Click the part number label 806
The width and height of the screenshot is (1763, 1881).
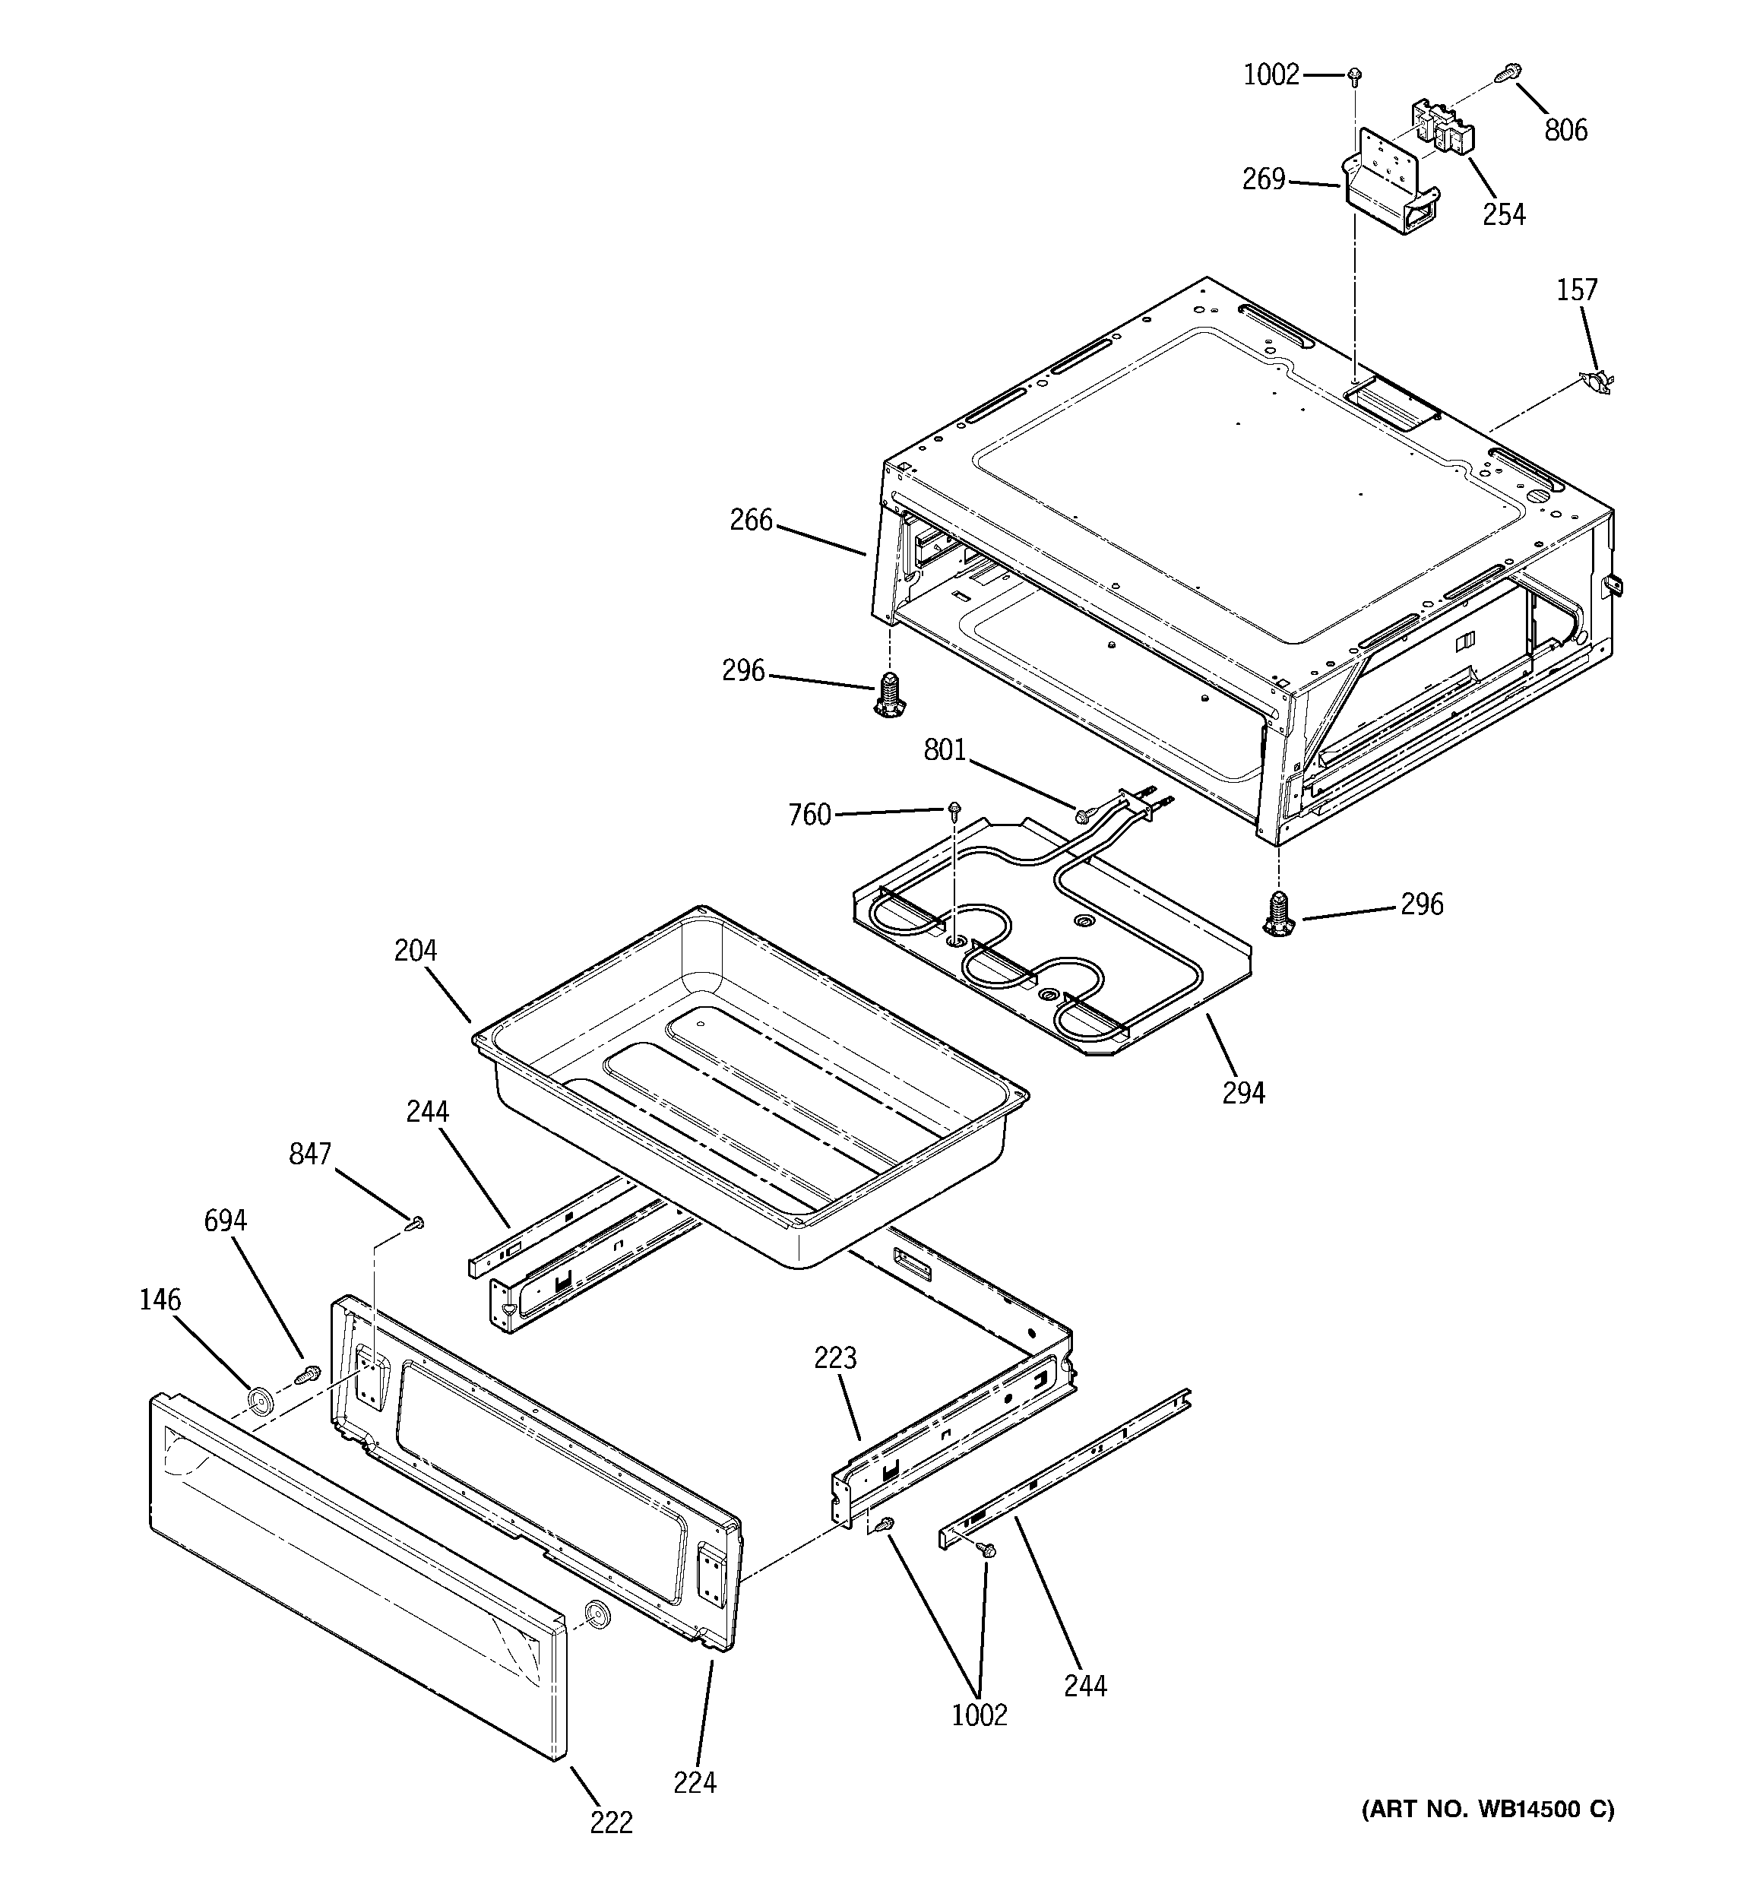coord(1565,131)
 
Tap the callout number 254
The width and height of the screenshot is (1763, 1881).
coord(1503,215)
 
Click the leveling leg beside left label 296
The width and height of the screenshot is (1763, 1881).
coord(888,695)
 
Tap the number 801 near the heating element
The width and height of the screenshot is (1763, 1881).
coord(944,750)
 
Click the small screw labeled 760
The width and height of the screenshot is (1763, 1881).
coord(956,808)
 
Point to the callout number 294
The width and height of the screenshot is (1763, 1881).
coord(1242,1093)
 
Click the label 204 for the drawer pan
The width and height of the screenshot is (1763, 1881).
coord(416,950)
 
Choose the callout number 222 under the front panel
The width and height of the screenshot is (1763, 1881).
coord(610,1822)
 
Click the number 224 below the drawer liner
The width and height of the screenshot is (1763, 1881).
coord(695,1783)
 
